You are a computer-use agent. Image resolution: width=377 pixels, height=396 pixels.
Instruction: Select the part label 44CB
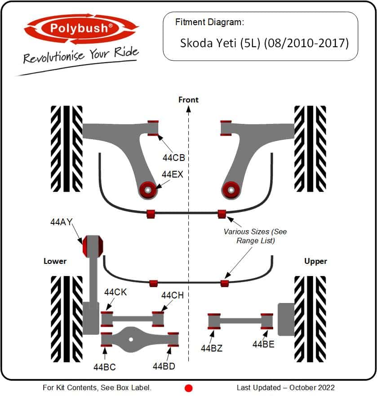click(x=174, y=158)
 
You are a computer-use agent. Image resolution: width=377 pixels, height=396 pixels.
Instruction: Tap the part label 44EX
click(x=172, y=174)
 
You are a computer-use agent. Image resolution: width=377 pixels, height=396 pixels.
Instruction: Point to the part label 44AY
click(x=62, y=222)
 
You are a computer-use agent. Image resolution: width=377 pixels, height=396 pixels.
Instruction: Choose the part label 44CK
click(x=115, y=292)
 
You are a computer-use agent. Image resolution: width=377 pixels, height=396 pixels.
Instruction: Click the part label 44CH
click(x=173, y=295)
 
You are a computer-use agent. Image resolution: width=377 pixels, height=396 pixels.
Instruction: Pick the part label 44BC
click(x=105, y=367)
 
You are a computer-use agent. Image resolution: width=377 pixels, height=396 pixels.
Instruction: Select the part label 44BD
click(x=164, y=366)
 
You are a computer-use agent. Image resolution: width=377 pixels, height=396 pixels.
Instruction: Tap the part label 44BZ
click(x=212, y=348)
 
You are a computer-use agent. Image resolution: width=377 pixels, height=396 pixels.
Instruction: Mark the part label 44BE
click(x=263, y=344)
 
